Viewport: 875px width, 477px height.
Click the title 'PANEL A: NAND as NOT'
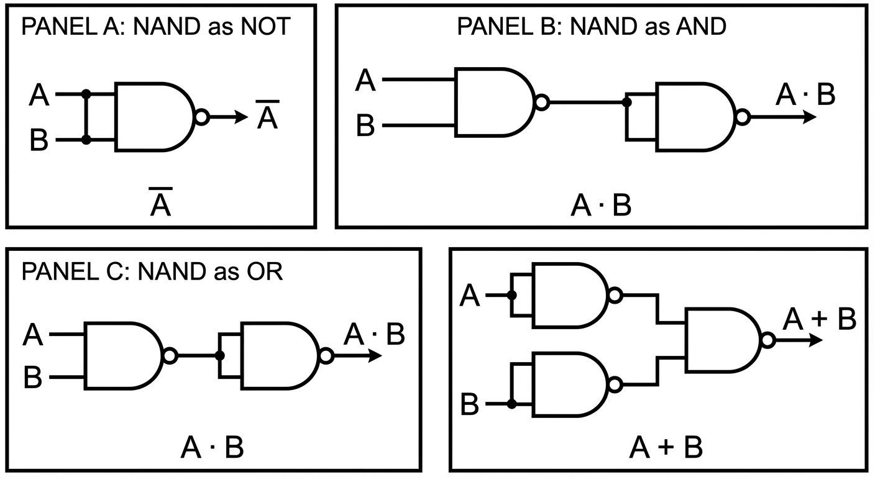(x=155, y=27)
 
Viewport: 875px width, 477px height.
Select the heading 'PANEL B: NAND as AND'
(x=591, y=27)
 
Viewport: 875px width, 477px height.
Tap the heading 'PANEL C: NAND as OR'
(x=152, y=271)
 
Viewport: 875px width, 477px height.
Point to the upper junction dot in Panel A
(x=86, y=94)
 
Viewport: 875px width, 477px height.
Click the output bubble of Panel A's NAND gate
(x=202, y=117)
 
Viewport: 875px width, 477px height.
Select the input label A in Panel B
(x=365, y=81)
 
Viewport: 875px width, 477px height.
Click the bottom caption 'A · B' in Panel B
(x=600, y=205)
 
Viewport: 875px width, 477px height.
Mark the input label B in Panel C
(x=33, y=378)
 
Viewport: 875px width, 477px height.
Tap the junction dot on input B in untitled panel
(x=511, y=404)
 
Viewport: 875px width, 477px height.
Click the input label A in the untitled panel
(x=470, y=296)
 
